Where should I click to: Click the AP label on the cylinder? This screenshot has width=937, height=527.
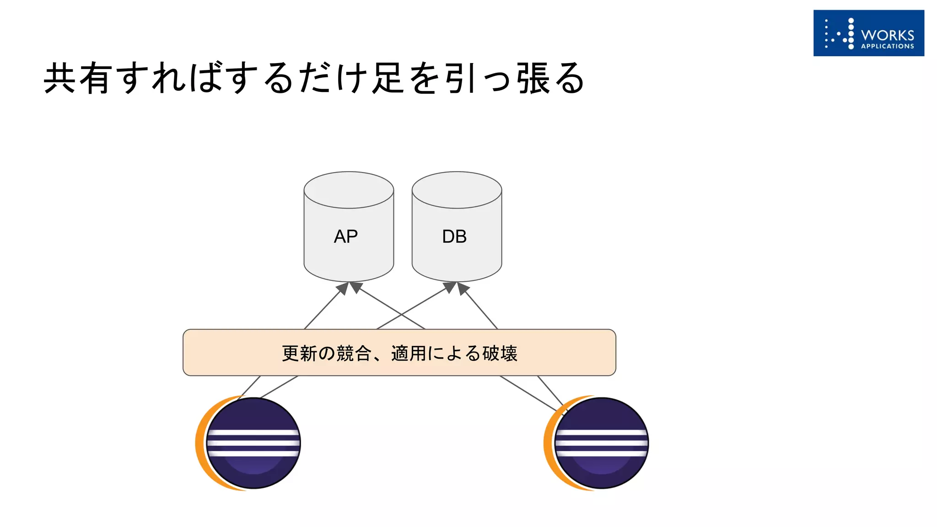click(346, 237)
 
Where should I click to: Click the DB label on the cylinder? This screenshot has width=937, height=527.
click(454, 237)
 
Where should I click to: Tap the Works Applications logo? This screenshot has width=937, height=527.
click(868, 33)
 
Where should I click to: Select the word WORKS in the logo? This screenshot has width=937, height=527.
click(887, 35)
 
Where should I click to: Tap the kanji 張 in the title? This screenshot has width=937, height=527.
click(533, 79)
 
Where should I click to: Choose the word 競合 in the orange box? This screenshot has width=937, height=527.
click(354, 354)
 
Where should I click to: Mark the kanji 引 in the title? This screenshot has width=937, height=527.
click(460, 79)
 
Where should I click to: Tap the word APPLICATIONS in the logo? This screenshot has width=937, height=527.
click(887, 46)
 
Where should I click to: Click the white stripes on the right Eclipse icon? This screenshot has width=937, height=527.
click(602, 443)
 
